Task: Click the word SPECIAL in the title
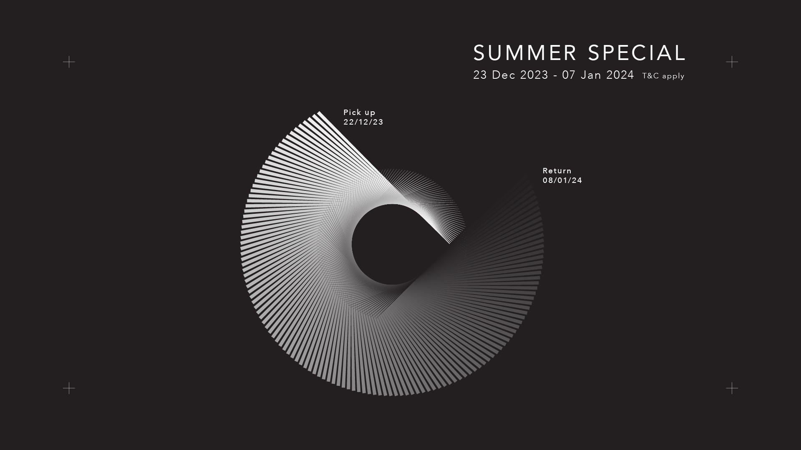coord(637,53)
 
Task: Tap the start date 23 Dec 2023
coord(511,75)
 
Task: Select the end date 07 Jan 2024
coord(598,75)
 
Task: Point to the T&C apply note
coord(663,76)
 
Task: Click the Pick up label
coord(359,112)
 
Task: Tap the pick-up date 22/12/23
coord(363,122)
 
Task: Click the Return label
coord(557,171)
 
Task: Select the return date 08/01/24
coord(562,180)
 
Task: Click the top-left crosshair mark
coord(69,62)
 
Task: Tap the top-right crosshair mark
coord(732,62)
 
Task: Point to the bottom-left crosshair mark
coord(69,388)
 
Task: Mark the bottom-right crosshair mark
coord(732,388)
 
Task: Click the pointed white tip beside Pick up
coord(319,112)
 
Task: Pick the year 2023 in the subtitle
coord(534,75)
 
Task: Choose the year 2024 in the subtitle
coord(620,75)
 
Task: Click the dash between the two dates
coord(555,76)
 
